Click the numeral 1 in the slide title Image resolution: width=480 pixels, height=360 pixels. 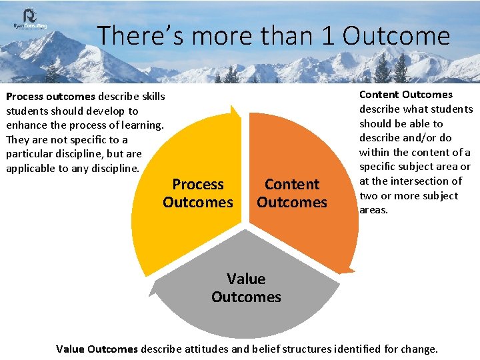[327, 36]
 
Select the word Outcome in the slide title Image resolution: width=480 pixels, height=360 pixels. [396, 36]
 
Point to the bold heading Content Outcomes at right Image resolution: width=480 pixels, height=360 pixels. [405, 95]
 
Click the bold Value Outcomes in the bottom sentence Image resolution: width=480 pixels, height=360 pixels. [97, 349]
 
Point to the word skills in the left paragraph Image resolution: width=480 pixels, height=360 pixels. [153, 97]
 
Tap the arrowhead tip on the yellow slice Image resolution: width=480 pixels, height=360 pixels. [233, 107]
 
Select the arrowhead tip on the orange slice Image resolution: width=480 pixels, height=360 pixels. [345, 271]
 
